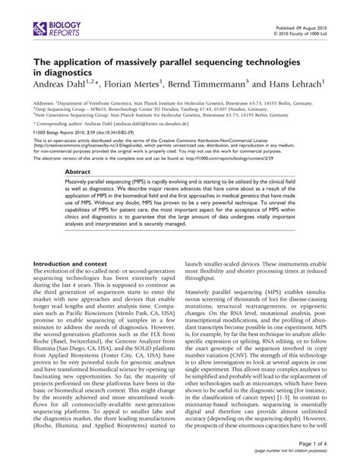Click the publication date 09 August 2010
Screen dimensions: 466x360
311,25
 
